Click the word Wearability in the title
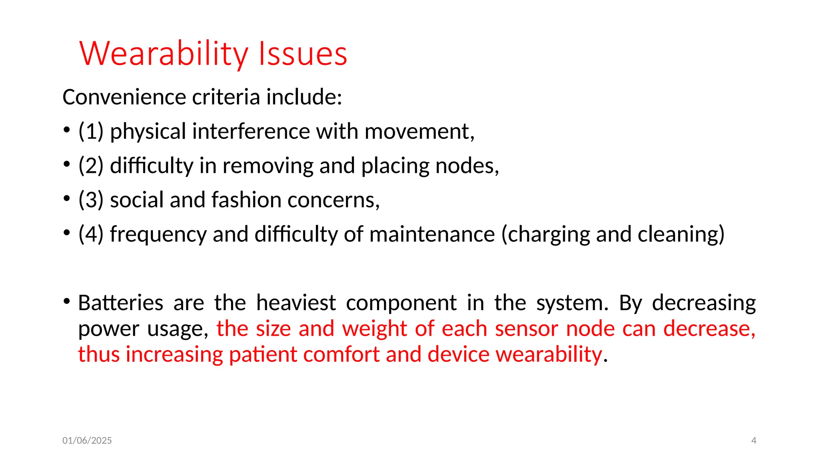pos(164,54)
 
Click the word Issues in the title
pos(303,54)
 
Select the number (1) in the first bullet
pos(91,131)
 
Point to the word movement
pos(419,131)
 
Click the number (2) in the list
pos(91,166)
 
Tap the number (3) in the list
pos(91,200)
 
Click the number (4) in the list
pos(91,234)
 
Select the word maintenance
pos(432,234)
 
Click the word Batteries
pos(120,303)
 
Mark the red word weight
pos(374,329)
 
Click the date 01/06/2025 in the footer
pos(87,441)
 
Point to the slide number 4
pos(753,441)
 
